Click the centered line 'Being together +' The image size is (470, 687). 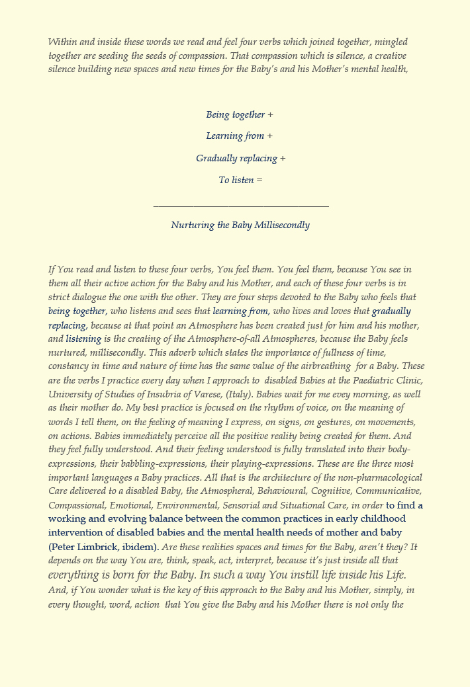[240, 115]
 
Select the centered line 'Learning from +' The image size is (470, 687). [240, 136]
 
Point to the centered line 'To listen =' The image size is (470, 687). [240, 180]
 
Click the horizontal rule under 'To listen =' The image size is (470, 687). [241, 206]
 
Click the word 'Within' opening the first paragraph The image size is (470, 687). [62, 42]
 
